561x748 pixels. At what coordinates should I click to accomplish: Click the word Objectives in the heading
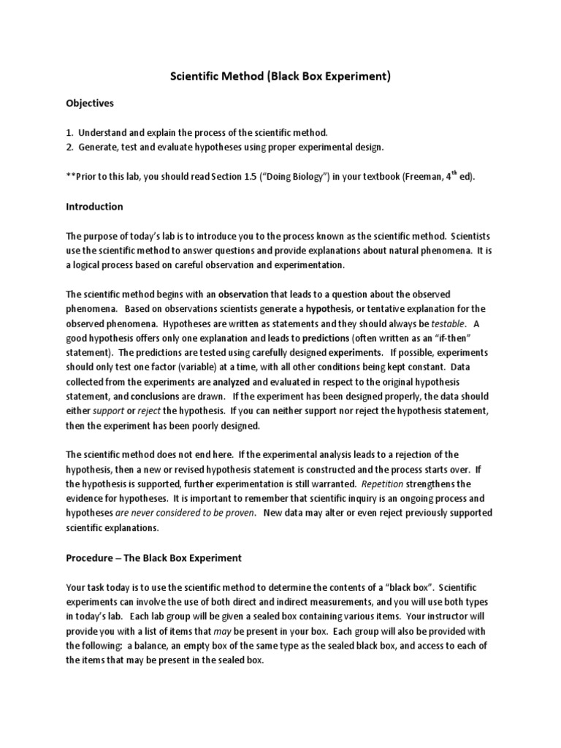(90, 104)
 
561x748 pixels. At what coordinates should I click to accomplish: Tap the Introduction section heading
(94, 207)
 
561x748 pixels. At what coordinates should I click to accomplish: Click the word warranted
(340, 484)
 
